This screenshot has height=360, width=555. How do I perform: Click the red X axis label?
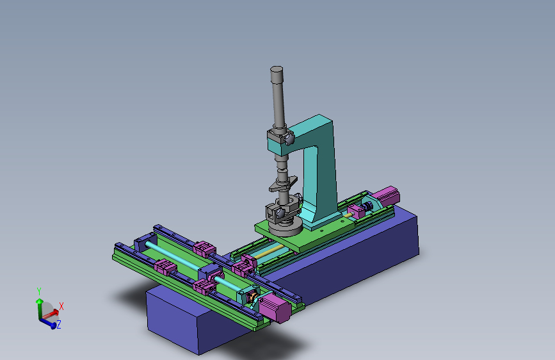[61, 306]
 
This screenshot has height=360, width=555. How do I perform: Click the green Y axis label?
[39, 291]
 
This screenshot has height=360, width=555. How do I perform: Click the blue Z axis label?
[59, 324]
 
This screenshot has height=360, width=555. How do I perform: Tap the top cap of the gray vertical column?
[277, 69]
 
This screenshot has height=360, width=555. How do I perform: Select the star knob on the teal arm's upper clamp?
[289, 138]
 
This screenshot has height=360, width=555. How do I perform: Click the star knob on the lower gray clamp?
[280, 213]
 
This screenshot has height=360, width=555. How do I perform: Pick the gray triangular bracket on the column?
[283, 184]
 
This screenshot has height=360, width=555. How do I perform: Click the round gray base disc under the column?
[286, 227]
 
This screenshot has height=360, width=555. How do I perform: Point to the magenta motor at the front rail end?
[275, 308]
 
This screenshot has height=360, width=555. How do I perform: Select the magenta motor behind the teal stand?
[386, 196]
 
